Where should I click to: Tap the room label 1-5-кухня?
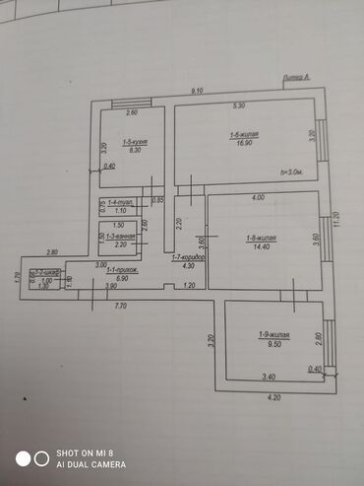click(x=136, y=142)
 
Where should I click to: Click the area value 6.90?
click(x=123, y=279)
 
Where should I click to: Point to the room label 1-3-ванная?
click(x=120, y=237)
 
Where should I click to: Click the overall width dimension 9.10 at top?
click(x=198, y=90)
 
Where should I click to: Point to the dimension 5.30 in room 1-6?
click(x=239, y=105)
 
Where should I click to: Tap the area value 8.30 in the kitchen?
click(x=136, y=150)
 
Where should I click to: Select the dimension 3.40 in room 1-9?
click(x=269, y=377)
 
